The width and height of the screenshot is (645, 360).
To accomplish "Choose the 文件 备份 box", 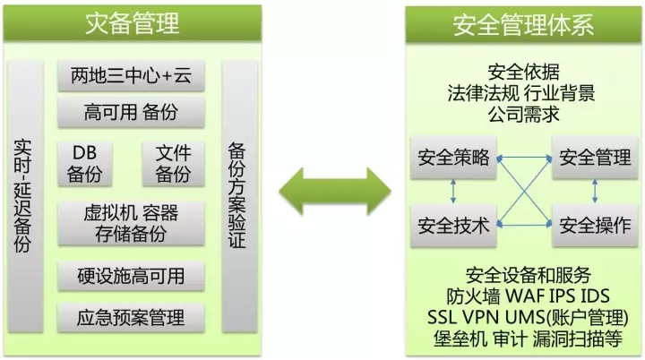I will point(173,162).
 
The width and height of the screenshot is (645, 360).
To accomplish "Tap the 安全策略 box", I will point(453,159).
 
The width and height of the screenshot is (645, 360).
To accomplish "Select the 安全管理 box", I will point(595,159).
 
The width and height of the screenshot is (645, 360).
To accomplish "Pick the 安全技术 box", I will point(453,225).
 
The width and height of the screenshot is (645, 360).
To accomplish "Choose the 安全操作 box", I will point(595,225).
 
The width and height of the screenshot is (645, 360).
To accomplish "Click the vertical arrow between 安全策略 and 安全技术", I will point(453,192).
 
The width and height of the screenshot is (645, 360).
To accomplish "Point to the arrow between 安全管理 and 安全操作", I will point(595,192).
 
